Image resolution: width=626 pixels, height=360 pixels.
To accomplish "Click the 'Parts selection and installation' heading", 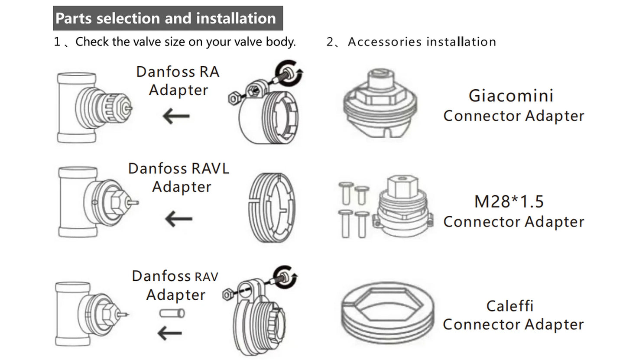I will [166, 18].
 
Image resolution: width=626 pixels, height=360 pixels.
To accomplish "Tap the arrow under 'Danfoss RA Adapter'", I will [176, 116].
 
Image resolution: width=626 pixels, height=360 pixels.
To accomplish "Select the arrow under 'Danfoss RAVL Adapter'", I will [178, 219].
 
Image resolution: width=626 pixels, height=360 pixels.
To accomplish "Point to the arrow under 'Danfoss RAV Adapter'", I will [170, 333].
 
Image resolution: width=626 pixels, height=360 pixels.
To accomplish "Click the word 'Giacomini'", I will [511, 96].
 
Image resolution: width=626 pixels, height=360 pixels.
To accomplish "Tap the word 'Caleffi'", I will [510, 306].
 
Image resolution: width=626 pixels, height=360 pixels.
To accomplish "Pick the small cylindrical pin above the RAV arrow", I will [172, 312].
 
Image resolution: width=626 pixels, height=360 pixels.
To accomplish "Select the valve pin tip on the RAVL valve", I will [135, 202].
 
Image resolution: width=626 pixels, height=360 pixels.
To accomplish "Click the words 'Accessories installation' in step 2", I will [422, 42].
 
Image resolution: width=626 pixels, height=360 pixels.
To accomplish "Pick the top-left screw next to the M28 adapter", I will [345, 192].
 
